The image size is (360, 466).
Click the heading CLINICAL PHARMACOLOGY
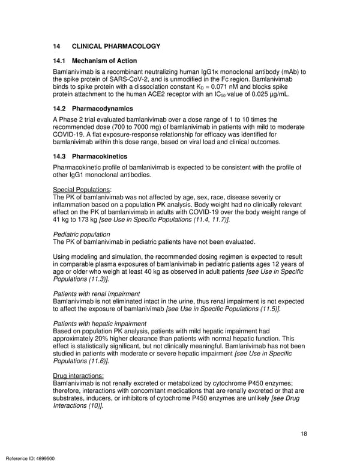[x=116, y=46]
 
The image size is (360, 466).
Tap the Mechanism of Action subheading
[x=104, y=61]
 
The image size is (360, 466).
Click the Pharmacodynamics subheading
[x=103, y=109]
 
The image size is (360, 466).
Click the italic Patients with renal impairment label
[x=97, y=294]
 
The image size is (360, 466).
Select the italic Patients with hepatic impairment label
[x=100, y=323]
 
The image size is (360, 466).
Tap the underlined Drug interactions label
[x=79, y=375]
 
